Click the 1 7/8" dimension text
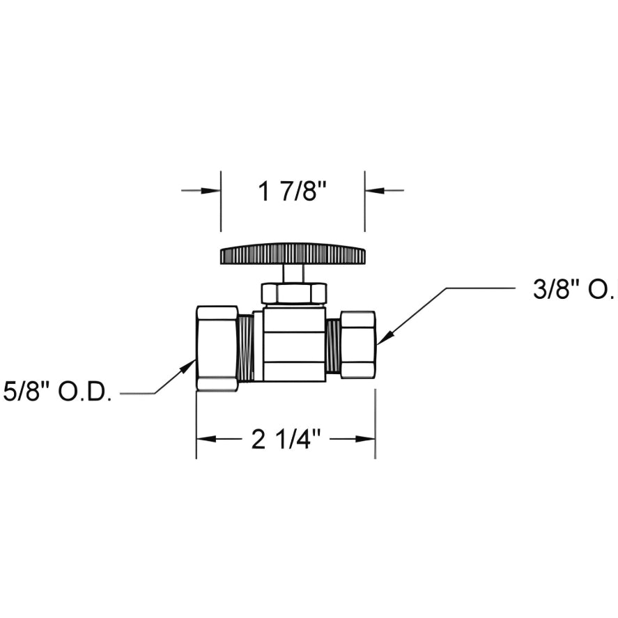(x=292, y=190)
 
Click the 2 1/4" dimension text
(x=286, y=439)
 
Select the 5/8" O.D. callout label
(x=57, y=392)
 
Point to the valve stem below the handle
(x=293, y=273)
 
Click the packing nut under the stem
(x=293, y=293)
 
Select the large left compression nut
(x=217, y=348)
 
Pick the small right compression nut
(x=358, y=344)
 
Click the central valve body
(x=294, y=345)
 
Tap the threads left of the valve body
(x=246, y=347)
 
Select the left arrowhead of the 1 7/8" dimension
(x=212, y=190)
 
